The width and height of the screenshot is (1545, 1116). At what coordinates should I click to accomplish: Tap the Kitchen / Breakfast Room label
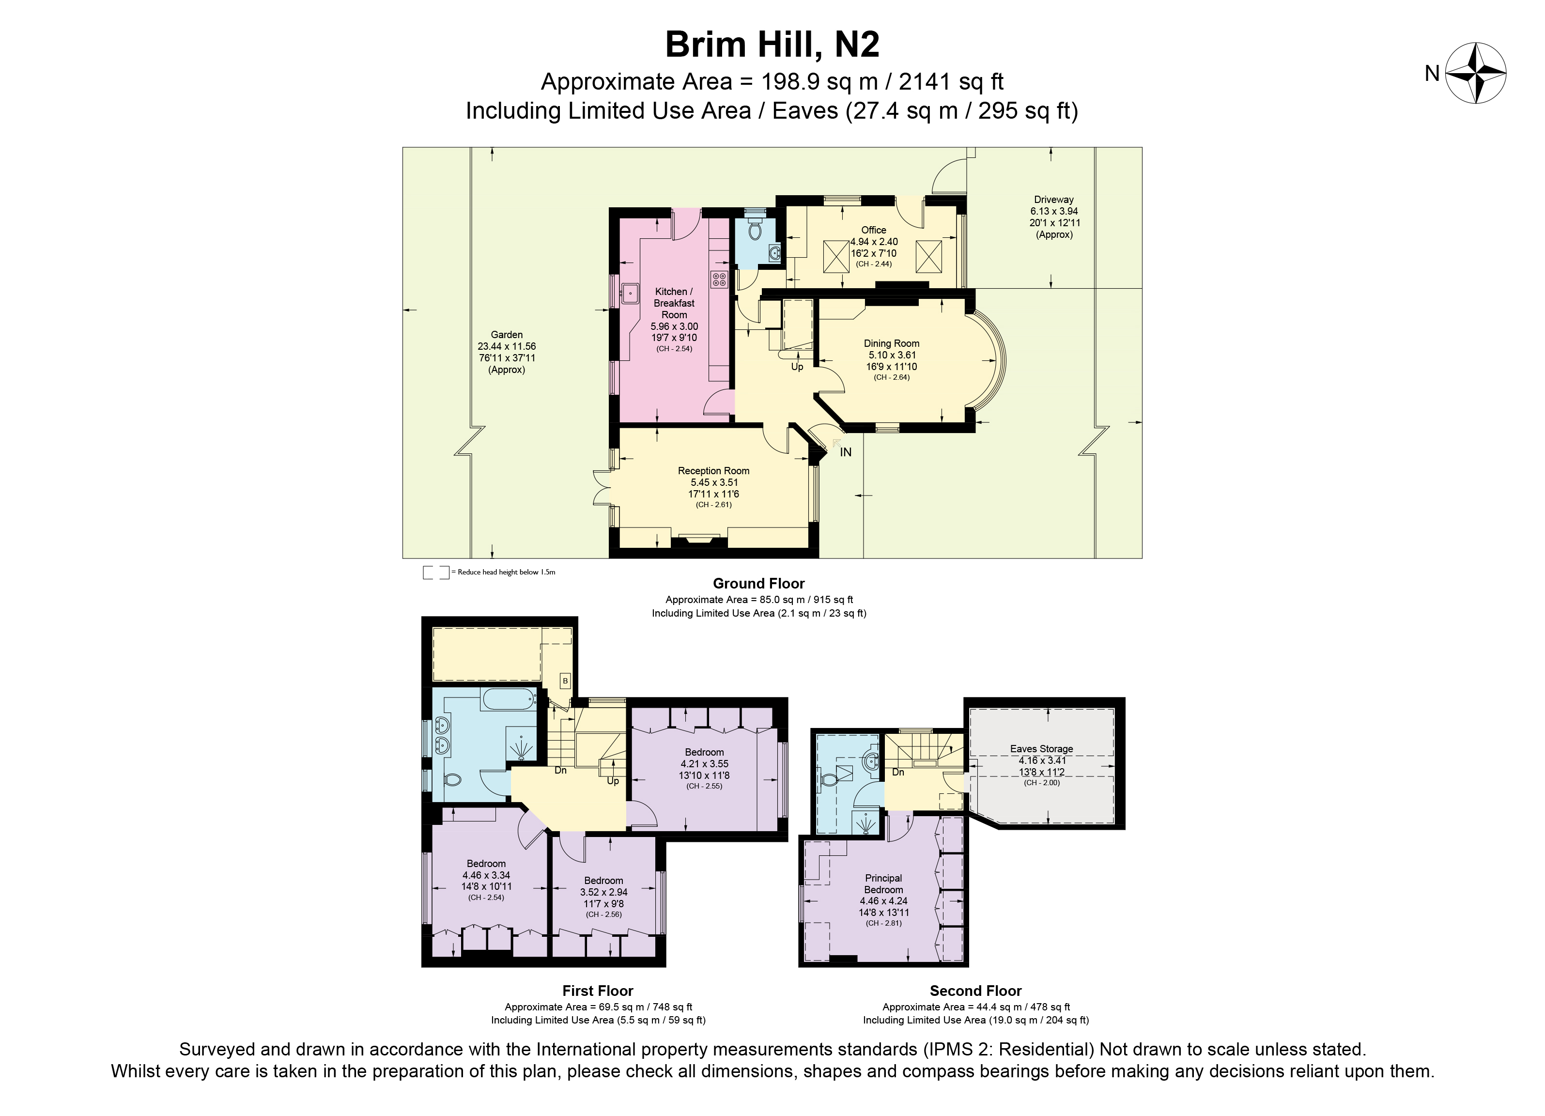674,303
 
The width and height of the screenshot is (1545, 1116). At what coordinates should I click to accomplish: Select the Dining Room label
892,343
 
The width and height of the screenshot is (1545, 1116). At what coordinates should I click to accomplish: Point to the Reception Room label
713,471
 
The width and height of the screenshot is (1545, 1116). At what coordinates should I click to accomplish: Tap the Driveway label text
1054,200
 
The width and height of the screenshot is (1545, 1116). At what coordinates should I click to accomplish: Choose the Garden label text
507,335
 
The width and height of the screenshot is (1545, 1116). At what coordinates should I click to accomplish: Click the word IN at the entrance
845,452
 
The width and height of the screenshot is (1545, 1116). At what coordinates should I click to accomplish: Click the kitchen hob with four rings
719,279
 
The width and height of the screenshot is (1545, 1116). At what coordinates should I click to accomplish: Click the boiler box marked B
565,681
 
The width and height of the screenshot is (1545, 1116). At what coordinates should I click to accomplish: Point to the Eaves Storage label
1042,749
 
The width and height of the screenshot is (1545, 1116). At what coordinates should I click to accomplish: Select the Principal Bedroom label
883,883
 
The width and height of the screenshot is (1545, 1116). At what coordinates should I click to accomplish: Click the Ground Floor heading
759,583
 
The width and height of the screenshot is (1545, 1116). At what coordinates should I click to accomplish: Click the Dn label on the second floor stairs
898,772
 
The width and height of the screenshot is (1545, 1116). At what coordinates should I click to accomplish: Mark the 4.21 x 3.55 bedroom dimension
704,764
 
